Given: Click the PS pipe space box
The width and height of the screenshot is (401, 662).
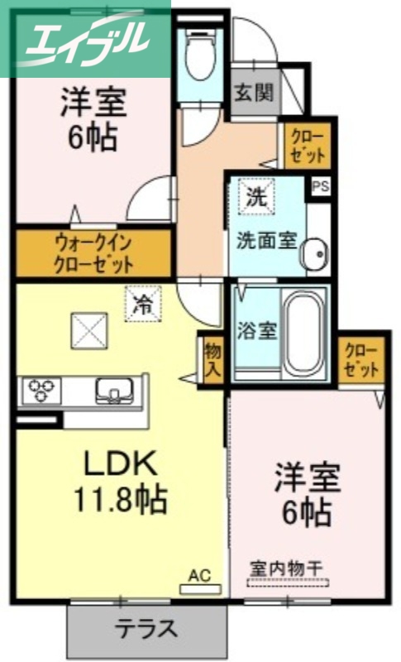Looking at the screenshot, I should (x=320, y=186).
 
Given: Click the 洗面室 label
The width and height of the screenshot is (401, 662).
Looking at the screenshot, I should (x=266, y=241).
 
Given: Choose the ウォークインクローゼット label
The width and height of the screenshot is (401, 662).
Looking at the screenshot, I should (x=93, y=254).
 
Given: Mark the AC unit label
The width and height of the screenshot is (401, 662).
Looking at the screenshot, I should (x=200, y=573).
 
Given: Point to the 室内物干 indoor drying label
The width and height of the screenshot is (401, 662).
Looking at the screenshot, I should (x=288, y=569).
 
